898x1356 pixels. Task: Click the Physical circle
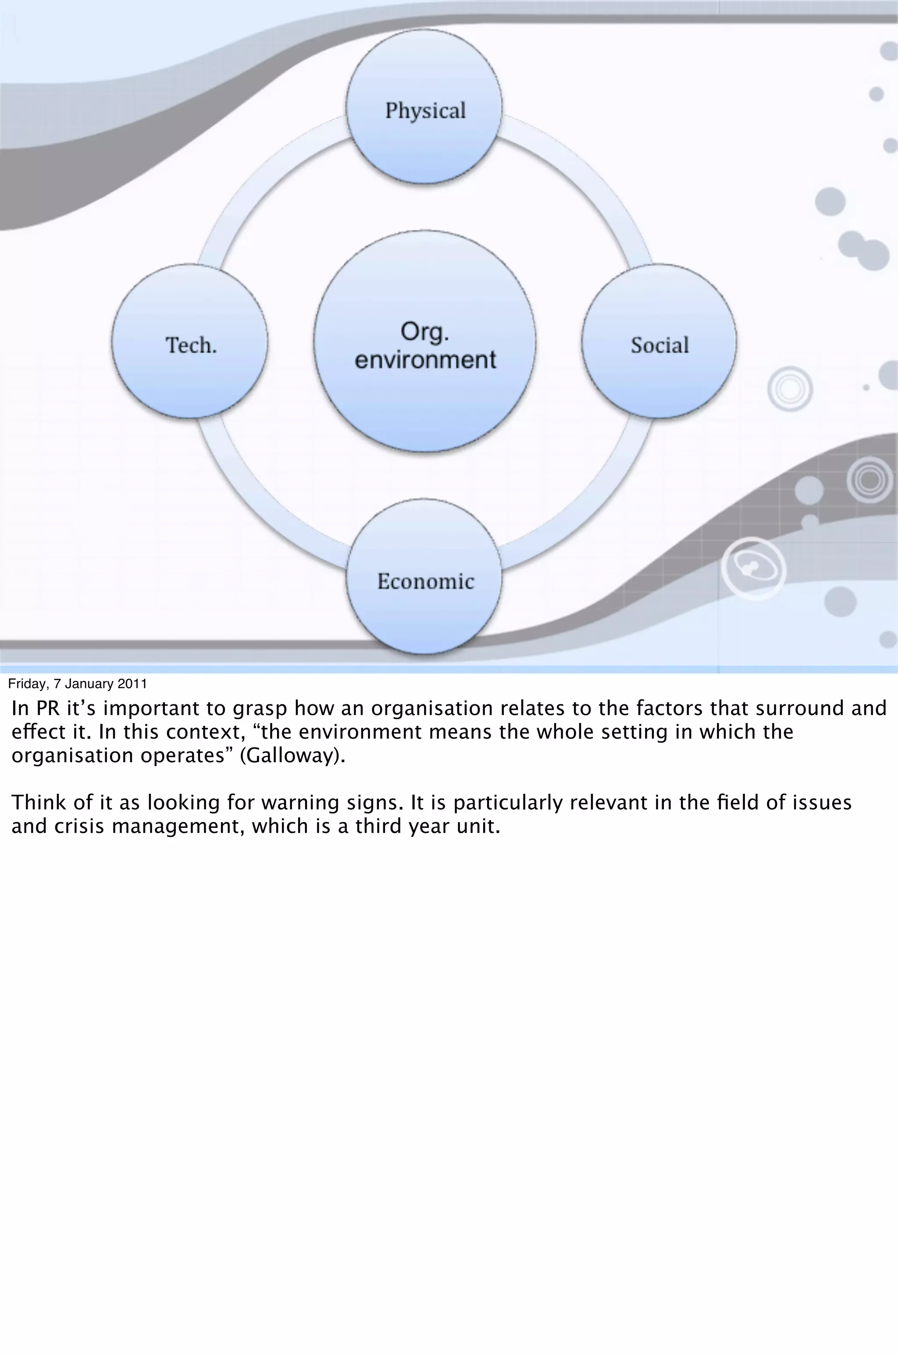(424, 107)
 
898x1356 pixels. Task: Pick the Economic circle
(424, 577)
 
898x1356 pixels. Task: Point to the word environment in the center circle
(425, 360)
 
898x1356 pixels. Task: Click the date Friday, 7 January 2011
(77, 684)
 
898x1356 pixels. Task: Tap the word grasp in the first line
(260, 710)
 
